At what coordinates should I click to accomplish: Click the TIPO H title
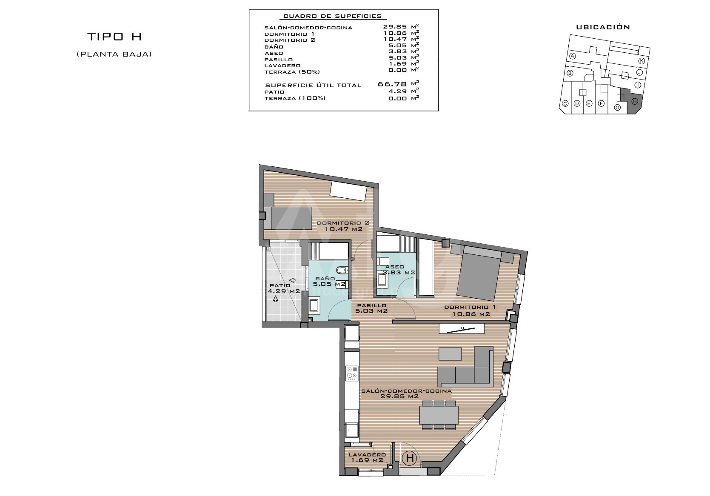point(114,37)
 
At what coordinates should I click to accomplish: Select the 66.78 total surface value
point(392,84)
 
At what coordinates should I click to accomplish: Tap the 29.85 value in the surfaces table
point(395,27)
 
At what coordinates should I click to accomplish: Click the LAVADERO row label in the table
point(282,66)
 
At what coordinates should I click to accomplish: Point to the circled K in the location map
point(642,61)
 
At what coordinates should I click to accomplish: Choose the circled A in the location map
point(573,56)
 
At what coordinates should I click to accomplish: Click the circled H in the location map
point(635,101)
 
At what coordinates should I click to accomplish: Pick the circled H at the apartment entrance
point(410,458)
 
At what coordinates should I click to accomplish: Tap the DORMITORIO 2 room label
point(343,223)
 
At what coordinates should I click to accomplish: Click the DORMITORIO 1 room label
point(470,307)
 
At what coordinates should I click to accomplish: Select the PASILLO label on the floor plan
point(372,305)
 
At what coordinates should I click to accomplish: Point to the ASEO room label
point(395,267)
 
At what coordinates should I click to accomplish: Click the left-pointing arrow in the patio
point(292,280)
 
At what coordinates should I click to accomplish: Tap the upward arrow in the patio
point(275,299)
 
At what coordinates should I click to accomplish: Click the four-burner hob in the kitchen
point(352,373)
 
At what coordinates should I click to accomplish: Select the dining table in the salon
point(439,415)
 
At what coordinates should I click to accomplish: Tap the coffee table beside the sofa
point(450,354)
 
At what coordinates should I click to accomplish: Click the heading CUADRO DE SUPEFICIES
point(333,16)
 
